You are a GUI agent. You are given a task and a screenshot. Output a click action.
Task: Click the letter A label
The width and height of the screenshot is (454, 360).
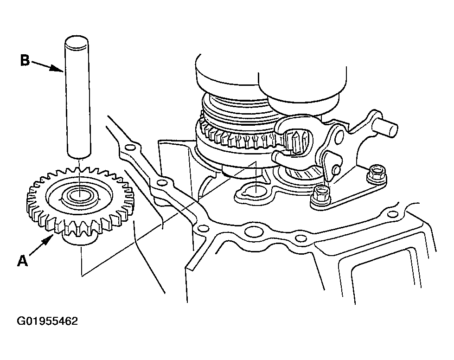coord(23,261)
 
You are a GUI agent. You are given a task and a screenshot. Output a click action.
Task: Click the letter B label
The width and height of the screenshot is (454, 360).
coord(25,60)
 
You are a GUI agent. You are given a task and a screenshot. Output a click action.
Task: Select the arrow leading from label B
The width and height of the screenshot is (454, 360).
coord(47,66)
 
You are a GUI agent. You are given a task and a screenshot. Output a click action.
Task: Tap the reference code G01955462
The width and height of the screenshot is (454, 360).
coord(47,321)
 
